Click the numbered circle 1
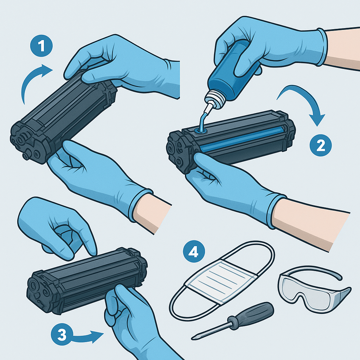tap(41, 46)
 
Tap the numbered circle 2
tap(321, 145)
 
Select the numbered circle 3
tap(62, 334)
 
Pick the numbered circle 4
tap(194, 252)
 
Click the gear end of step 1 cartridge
tap(27, 142)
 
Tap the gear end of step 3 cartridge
tap(39, 291)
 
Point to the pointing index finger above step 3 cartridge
tap(88, 241)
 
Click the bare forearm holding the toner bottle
tap(342, 49)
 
